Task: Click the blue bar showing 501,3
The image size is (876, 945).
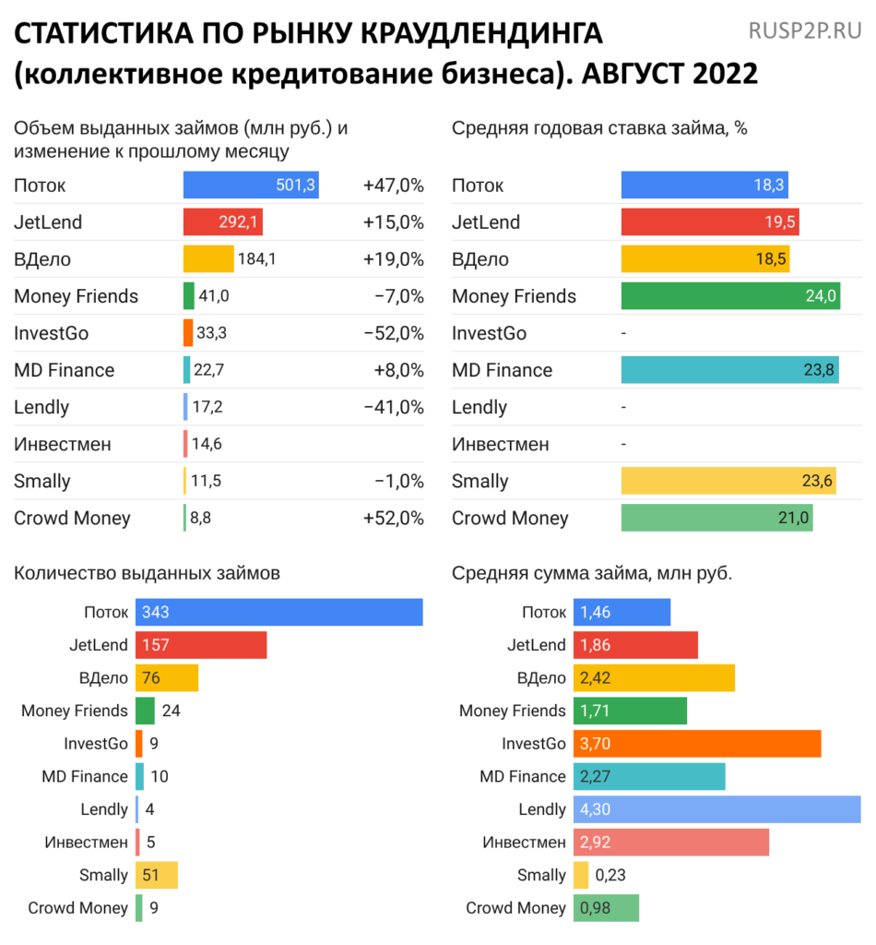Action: coord(251,185)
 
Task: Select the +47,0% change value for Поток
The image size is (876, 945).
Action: coord(393,185)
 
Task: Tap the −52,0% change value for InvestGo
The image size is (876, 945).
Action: coord(393,333)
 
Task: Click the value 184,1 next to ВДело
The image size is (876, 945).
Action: coord(257,259)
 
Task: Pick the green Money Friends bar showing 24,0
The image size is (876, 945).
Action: coord(730,296)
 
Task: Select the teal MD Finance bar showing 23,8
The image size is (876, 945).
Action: coord(729,370)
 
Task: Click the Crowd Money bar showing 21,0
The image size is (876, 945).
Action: coord(716,518)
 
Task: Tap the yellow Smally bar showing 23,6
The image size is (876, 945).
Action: coord(728,481)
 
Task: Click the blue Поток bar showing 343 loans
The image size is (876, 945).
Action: coord(278,613)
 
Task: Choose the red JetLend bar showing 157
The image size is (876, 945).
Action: coord(201,645)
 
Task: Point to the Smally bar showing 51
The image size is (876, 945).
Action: coord(156,875)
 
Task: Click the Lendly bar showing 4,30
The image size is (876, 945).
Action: coord(716,809)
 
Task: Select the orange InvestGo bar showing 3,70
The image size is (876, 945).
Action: coord(697,744)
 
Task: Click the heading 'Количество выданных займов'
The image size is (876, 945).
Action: coord(147,573)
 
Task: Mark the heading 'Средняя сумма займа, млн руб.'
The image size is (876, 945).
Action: coord(592,573)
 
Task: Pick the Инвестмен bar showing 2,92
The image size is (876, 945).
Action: coord(670,842)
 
